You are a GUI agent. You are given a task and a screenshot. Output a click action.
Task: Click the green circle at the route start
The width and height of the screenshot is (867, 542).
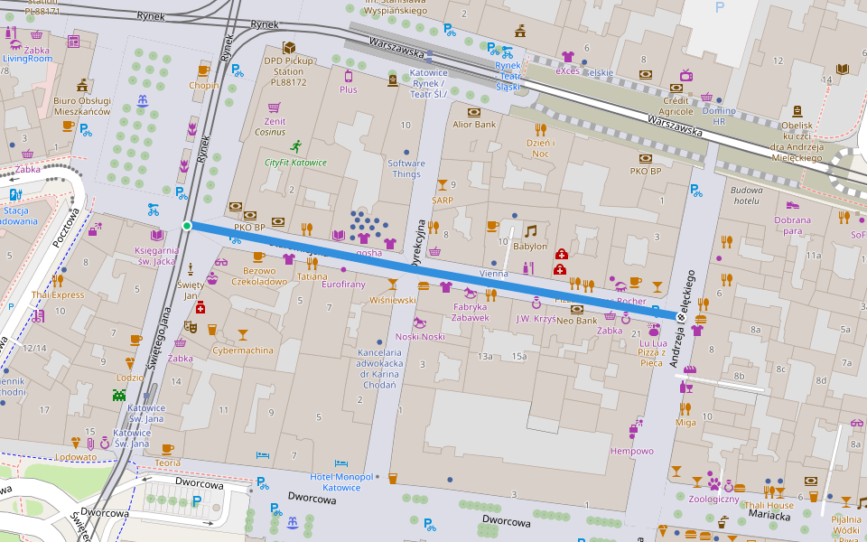(x=187, y=225)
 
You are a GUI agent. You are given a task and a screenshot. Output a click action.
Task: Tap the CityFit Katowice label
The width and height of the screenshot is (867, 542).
(x=295, y=163)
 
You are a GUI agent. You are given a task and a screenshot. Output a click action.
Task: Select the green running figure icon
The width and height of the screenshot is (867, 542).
(x=295, y=145)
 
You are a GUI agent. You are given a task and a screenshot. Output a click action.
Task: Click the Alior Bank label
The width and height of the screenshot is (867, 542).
(x=474, y=125)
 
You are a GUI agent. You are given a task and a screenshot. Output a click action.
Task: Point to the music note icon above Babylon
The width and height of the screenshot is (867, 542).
(x=530, y=231)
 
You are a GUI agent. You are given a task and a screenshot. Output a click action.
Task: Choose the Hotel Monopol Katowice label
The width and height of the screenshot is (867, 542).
(x=341, y=481)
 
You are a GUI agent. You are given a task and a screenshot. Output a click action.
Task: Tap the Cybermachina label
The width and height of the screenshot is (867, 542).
(x=242, y=350)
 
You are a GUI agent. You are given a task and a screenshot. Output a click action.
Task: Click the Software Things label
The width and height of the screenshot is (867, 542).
(x=406, y=169)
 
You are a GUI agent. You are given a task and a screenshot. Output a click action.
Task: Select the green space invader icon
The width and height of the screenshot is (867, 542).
(x=119, y=394)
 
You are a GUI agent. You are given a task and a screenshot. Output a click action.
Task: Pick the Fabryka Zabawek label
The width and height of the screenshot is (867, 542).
(x=471, y=312)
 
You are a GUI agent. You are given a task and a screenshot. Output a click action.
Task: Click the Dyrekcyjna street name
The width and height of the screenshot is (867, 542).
(x=418, y=242)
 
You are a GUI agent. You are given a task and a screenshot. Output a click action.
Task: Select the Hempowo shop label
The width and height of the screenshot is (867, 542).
(x=631, y=451)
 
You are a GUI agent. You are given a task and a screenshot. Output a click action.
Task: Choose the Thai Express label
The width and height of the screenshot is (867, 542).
(x=57, y=294)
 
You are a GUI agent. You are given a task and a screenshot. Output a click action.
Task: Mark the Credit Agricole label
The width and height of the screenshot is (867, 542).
(x=677, y=106)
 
